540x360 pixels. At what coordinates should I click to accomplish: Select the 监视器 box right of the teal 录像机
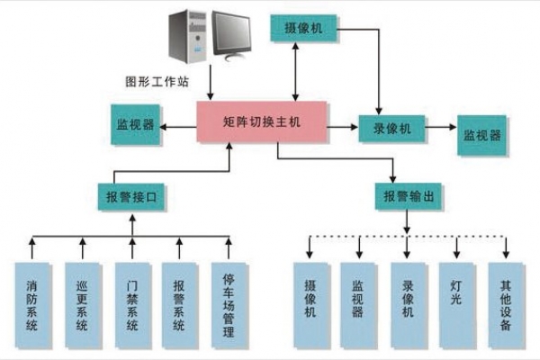482,134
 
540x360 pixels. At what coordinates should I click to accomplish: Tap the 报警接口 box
133,195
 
